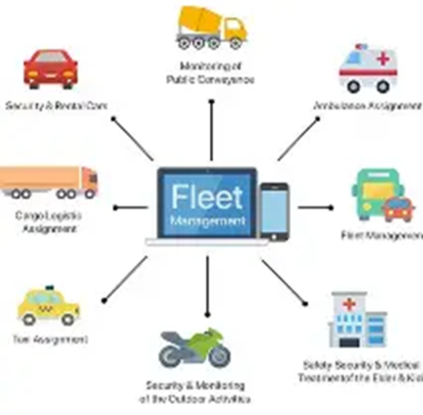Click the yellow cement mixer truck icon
point(211,27)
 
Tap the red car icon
point(50,69)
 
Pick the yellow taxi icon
point(48,307)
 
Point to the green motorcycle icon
point(194,348)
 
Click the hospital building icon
point(358,320)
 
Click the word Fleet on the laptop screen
point(207,197)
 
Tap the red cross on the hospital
point(349,304)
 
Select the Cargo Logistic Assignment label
point(50,222)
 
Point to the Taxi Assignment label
point(50,340)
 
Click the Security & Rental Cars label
point(56,106)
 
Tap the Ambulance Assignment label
point(367,106)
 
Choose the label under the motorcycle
point(195,392)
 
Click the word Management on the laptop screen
point(207,220)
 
